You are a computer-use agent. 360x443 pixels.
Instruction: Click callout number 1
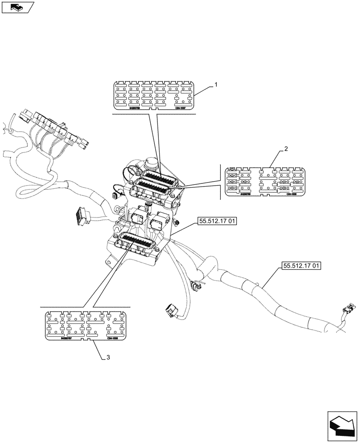coord(216,84)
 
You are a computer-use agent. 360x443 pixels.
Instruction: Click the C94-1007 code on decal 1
coord(180,108)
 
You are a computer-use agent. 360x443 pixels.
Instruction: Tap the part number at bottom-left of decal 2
coord(246,194)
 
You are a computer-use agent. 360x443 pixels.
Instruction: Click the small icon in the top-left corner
coord(17,7)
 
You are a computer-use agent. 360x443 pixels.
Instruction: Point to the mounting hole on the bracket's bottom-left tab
coord(108,262)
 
